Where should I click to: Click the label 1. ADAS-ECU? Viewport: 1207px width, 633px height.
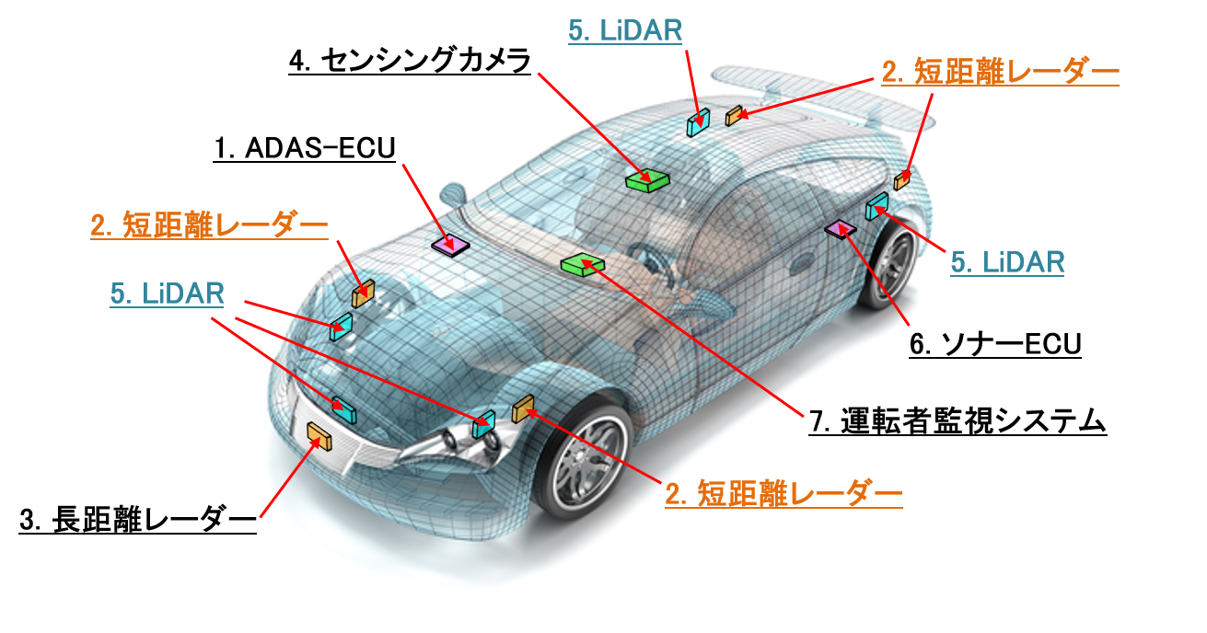pyautogui.click(x=305, y=148)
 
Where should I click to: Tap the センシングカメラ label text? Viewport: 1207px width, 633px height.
pyautogui.click(x=426, y=61)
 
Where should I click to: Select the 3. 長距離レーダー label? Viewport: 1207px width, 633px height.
pyautogui.click(x=138, y=520)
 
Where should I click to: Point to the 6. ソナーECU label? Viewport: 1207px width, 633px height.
pyautogui.click(x=995, y=344)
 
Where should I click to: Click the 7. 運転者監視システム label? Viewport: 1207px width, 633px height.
pyautogui.click(x=957, y=420)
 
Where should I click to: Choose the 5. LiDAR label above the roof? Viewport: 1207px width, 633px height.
pyautogui.click(x=625, y=30)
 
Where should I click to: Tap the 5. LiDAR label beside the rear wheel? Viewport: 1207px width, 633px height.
pyautogui.click(x=1007, y=262)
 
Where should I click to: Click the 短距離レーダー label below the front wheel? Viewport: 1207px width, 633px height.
pyautogui.click(x=800, y=493)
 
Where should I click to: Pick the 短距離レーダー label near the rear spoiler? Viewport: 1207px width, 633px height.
pyautogui.click(x=1016, y=72)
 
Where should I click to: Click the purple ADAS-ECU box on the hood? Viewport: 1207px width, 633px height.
pyautogui.click(x=450, y=246)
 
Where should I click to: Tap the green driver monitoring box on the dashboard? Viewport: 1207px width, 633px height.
pyautogui.click(x=583, y=264)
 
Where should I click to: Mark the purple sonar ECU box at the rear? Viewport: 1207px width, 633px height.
pyautogui.click(x=841, y=230)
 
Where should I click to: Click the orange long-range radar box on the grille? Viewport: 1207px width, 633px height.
pyautogui.click(x=319, y=436)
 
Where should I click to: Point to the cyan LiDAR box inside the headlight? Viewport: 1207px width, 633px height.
pyautogui.click(x=484, y=424)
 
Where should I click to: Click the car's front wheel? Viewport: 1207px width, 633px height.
pyautogui.click(x=584, y=460)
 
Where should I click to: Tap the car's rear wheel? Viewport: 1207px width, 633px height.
pyautogui.click(x=890, y=264)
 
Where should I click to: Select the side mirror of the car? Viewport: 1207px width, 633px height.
pyautogui.click(x=454, y=195)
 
